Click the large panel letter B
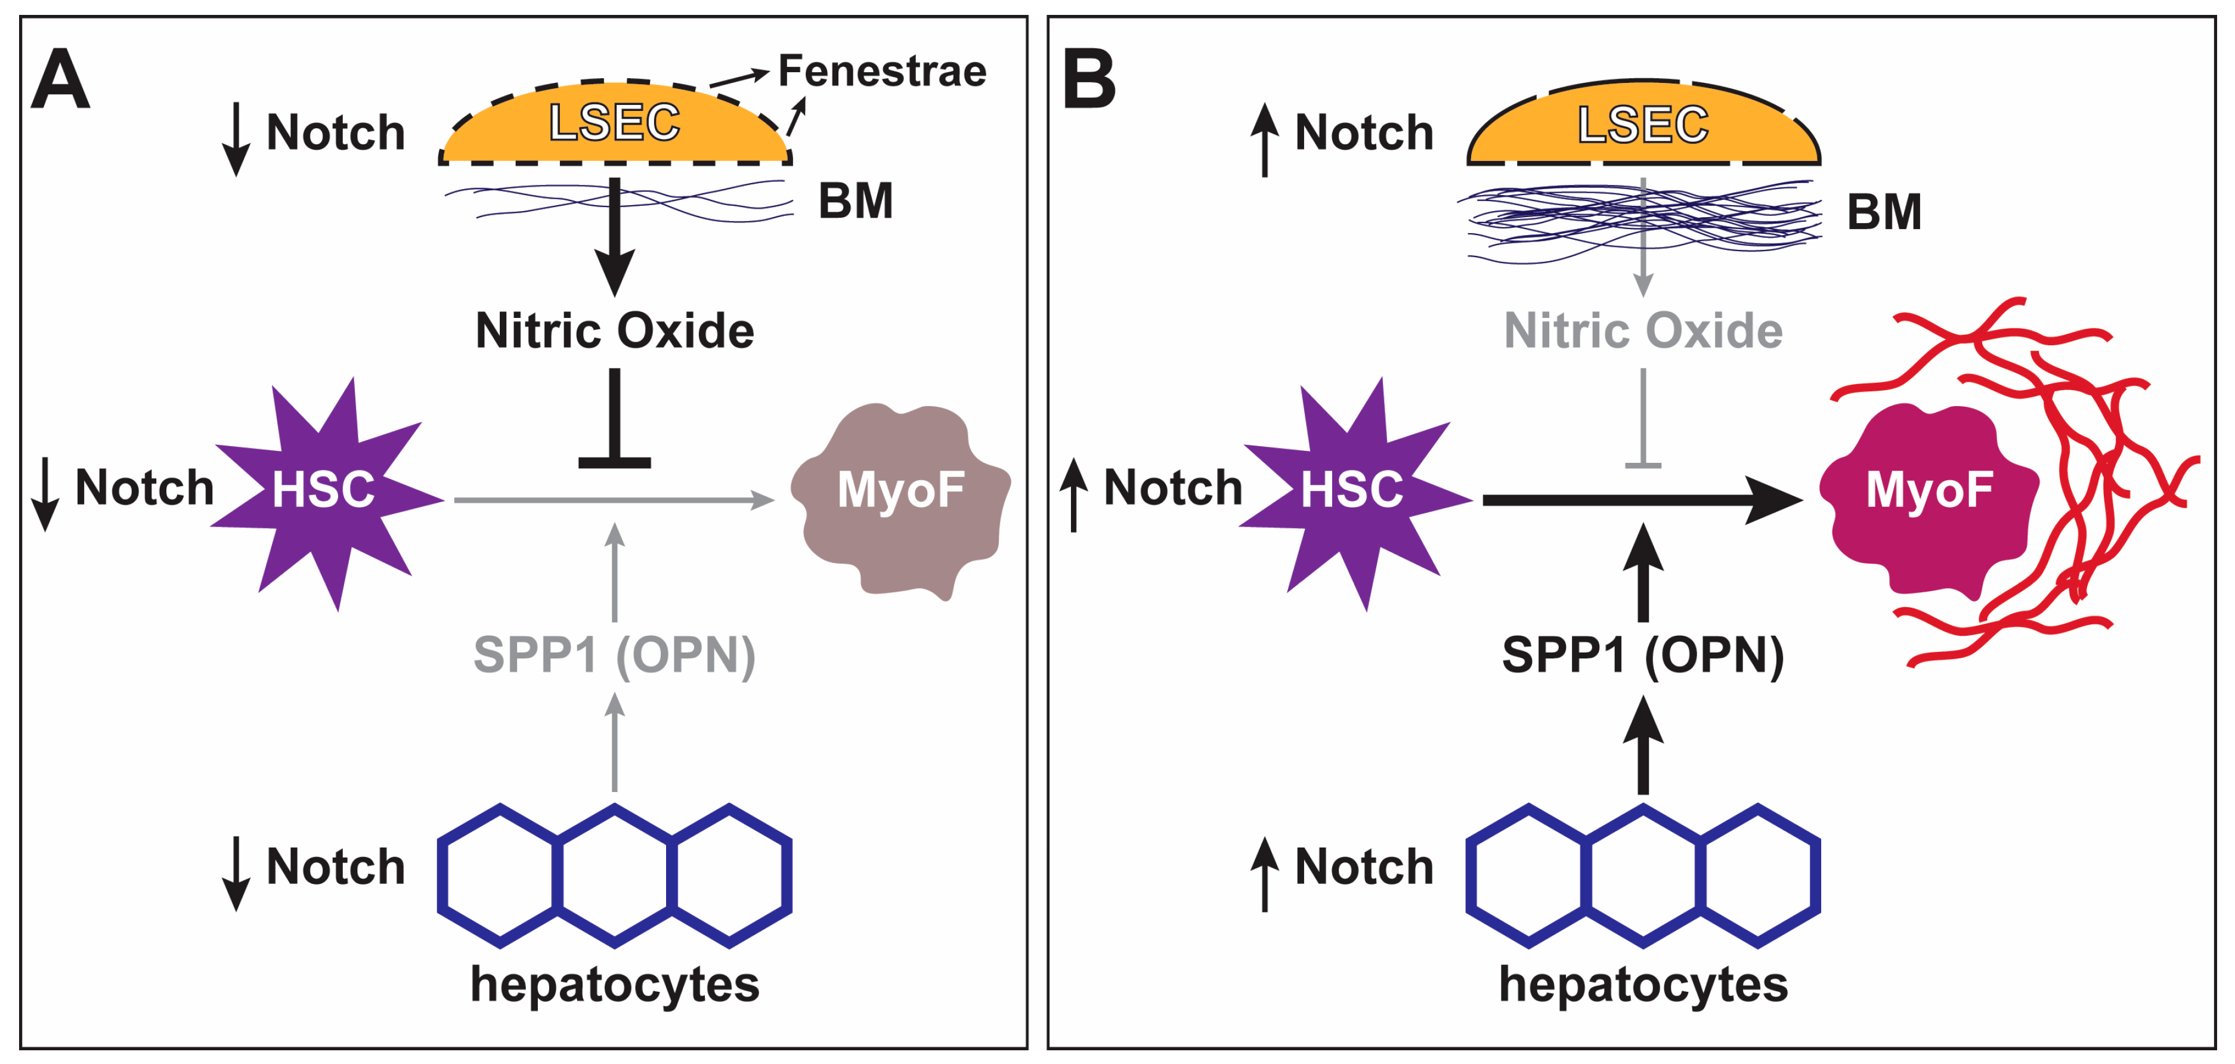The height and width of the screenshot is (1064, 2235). pos(1088,80)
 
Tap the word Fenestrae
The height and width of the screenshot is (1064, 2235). pos(881,71)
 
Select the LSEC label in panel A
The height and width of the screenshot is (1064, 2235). pos(614,122)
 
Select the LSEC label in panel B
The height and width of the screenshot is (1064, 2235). pos(1642,124)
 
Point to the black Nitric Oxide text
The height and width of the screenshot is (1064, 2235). pos(614,330)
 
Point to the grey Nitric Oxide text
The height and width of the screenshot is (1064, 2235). pos(1642,330)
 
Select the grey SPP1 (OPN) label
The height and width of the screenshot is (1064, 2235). pos(614,655)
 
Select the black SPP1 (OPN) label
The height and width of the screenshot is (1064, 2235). pos(1642,655)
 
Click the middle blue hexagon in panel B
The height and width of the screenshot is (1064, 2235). pos(1642,875)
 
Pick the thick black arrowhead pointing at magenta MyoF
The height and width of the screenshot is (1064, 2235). pos(1773,500)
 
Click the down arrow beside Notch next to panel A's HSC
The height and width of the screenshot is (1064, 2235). pos(44,494)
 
